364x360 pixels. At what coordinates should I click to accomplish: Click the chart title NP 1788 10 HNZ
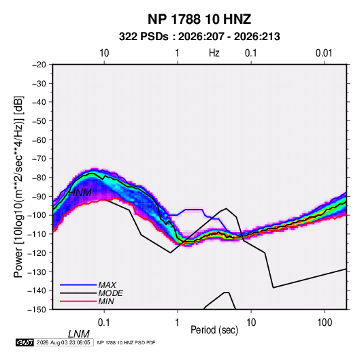199,19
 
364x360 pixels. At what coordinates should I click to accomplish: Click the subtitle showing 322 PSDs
199,37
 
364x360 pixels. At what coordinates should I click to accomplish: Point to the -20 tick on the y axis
39,65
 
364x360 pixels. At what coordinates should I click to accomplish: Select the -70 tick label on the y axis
39,159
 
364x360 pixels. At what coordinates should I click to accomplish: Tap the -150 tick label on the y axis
37,310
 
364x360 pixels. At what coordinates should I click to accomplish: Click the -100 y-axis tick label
37,215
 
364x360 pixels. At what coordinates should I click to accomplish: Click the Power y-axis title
18,187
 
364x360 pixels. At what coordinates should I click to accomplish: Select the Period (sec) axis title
214,330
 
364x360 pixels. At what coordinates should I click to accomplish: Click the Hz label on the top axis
214,53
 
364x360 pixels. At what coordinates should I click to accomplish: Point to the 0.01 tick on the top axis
324,53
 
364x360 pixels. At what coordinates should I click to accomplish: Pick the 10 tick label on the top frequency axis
104,53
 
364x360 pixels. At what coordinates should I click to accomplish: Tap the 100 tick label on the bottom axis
325,323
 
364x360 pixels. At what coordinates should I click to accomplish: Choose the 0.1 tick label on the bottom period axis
104,323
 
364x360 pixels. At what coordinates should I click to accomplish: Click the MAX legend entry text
107,285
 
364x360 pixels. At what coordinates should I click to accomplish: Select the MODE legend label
110,293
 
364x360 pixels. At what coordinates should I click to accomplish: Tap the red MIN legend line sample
78,301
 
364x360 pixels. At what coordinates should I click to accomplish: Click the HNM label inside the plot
80,193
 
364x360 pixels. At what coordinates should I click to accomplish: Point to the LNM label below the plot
79,334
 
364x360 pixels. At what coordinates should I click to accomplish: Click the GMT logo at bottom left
25,342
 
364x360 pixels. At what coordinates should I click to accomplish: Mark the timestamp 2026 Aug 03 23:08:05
63,342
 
